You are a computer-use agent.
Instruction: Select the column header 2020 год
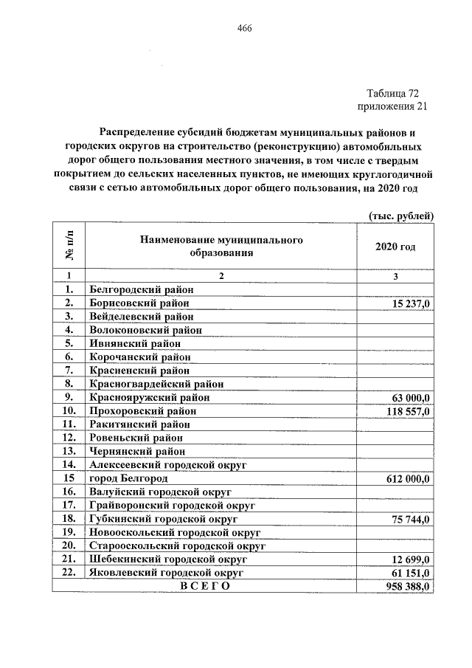[x=395, y=247]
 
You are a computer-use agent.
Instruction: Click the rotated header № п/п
[x=70, y=246]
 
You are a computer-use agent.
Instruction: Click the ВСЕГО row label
[x=200, y=586]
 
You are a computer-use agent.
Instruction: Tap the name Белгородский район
[x=140, y=289]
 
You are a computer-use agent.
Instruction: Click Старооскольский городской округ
[x=176, y=545]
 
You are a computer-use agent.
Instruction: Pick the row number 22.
[x=70, y=572]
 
